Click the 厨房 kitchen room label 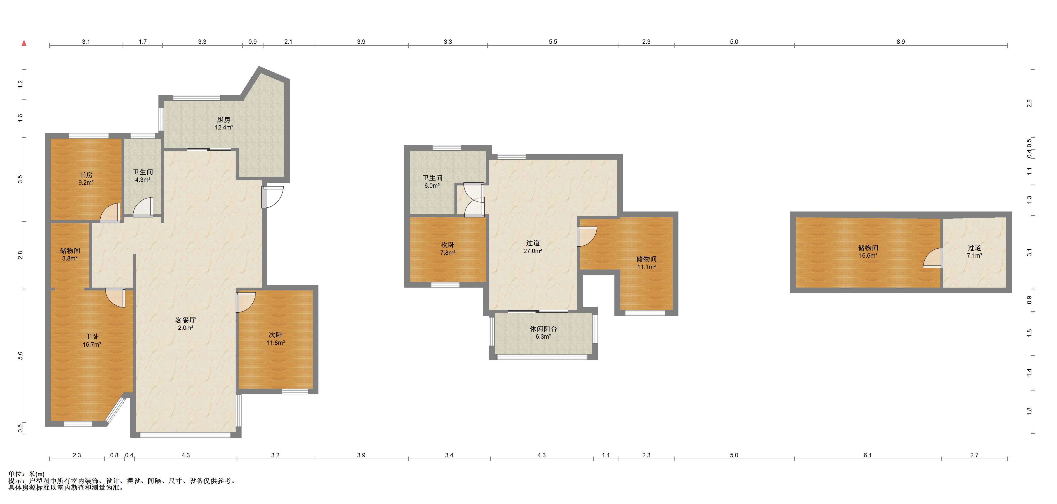click(224, 120)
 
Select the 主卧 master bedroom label click(92, 337)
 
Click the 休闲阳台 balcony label click(543, 329)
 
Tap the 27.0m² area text click(533, 251)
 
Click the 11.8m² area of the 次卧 click(275, 343)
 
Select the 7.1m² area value click(974, 256)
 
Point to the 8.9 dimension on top click(900, 42)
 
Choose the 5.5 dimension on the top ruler click(553, 42)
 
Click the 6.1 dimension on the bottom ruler click(867, 455)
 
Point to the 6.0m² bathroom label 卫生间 click(433, 178)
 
